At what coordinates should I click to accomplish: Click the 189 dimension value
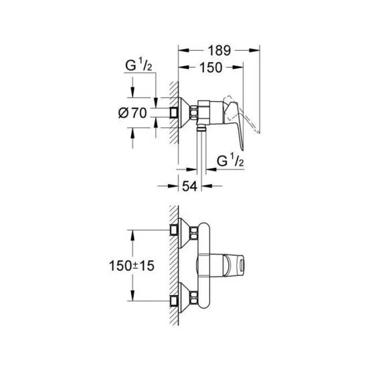[x=219, y=50]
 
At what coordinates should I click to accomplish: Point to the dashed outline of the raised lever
[x=252, y=123]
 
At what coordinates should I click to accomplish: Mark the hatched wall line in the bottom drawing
[x=175, y=264]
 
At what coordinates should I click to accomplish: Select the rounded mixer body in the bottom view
[x=207, y=264]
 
